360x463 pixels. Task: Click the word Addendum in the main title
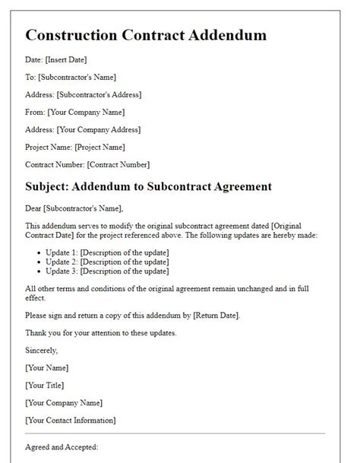coord(225,35)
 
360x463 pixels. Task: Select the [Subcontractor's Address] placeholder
coord(99,94)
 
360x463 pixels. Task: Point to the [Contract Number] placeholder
coord(118,164)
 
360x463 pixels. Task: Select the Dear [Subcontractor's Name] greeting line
coord(74,208)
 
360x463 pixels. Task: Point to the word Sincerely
coord(41,350)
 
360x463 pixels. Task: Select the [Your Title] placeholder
coord(45,385)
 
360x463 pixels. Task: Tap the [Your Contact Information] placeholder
coord(71,420)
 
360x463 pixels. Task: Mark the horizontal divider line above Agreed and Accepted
coord(175,434)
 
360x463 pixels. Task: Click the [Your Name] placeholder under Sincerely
coord(46,367)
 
